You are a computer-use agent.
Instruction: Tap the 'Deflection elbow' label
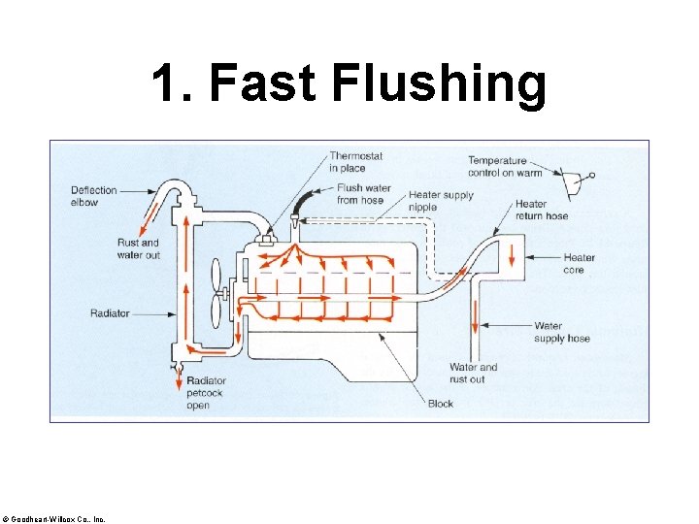point(93,196)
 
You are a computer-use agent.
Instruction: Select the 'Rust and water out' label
point(138,248)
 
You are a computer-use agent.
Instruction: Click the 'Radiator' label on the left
point(110,313)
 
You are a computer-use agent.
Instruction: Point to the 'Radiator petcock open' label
point(205,393)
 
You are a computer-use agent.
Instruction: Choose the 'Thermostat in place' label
point(355,162)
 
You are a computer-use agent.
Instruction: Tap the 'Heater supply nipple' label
point(442,201)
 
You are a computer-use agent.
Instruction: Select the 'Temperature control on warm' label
point(497,166)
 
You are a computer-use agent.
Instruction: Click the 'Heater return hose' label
point(542,210)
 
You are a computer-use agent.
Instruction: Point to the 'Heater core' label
point(580,263)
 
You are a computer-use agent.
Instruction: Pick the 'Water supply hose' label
point(562,332)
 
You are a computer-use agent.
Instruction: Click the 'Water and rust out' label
point(473,373)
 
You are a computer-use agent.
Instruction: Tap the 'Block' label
point(441,404)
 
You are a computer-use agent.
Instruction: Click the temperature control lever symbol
point(577,180)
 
